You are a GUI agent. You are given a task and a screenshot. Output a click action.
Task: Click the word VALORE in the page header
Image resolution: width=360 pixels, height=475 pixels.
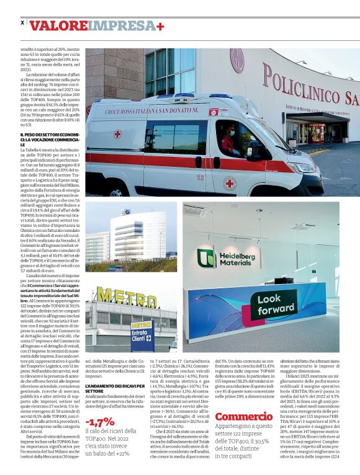coord(58,25)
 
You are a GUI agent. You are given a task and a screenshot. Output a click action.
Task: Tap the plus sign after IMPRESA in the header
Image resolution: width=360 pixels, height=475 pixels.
coord(161,25)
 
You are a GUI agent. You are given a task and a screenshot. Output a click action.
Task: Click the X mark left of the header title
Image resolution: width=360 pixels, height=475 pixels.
coord(23,22)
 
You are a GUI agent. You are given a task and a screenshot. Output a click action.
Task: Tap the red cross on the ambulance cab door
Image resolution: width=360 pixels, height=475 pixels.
coord(230,183)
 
